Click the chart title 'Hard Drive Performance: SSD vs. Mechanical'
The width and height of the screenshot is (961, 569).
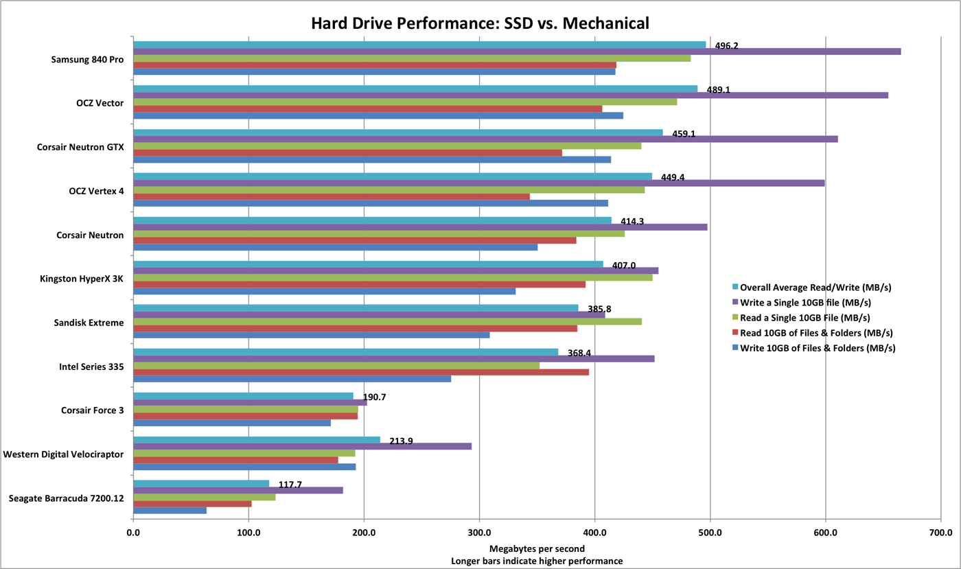pyautogui.click(x=480, y=23)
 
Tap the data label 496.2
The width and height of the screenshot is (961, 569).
pyautogui.click(x=727, y=46)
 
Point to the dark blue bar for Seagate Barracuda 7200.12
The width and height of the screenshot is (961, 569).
pyautogui.click(x=170, y=510)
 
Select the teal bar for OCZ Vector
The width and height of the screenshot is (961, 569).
pyautogui.click(x=415, y=89)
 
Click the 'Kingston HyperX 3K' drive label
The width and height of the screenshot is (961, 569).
pyautogui.click(x=83, y=279)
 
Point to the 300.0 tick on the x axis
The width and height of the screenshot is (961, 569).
pyautogui.click(x=479, y=532)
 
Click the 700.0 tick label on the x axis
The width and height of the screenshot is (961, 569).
pyautogui.click(x=941, y=532)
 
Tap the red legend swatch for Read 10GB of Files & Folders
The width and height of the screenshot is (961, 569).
pyautogui.click(x=735, y=333)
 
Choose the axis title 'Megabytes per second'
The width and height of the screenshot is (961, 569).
pyautogui.click(x=537, y=548)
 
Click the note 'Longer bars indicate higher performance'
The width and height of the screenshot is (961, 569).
pyautogui.click(x=537, y=561)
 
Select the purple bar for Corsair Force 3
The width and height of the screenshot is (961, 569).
pyautogui.click(x=250, y=402)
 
